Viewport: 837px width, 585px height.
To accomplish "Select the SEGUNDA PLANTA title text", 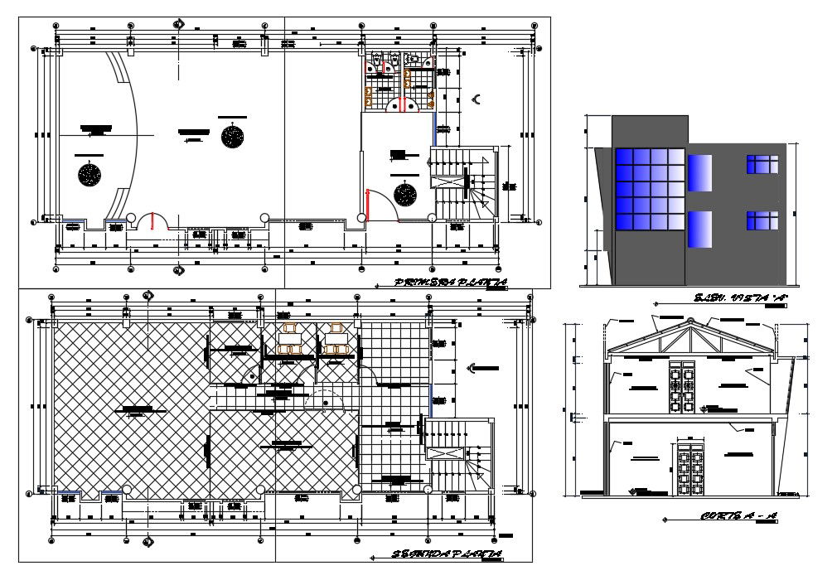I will click(x=447, y=554).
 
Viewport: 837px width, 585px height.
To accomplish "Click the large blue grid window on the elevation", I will click(x=650, y=190).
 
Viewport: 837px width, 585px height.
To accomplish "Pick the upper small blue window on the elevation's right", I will click(x=762, y=164).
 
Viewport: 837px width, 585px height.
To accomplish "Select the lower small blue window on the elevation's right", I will click(x=762, y=220).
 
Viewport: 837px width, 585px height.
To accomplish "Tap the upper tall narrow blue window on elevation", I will click(x=699, y=172).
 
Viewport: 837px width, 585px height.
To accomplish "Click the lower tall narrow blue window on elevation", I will click(x=699, y=230).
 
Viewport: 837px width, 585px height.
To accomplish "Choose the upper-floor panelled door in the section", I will click(x=680, y=386).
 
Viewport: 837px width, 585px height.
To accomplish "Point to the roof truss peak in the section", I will click(x=690, y=323).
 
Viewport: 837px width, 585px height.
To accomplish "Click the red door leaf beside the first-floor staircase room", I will click(x=368, y=205).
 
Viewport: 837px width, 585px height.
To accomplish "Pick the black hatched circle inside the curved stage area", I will click(x=90, y=175).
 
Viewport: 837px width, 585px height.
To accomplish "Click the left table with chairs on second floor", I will click(x=290, y=340).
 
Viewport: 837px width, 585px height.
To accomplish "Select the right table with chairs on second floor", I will click(x=336, y=340).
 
